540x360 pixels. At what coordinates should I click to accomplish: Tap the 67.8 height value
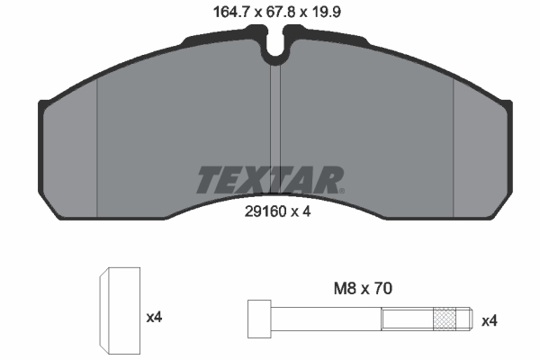(281, 13)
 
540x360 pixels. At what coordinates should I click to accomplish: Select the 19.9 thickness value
(326, 13)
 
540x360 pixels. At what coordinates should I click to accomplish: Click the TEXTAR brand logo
(270, 180)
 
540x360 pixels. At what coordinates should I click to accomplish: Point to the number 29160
(265, 211)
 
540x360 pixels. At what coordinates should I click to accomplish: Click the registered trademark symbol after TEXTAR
(342, 191)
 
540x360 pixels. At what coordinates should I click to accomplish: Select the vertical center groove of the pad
(275, 130)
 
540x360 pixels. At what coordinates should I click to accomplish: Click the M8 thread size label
(345, 288)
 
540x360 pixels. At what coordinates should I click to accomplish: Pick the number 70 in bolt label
(383, 288)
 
